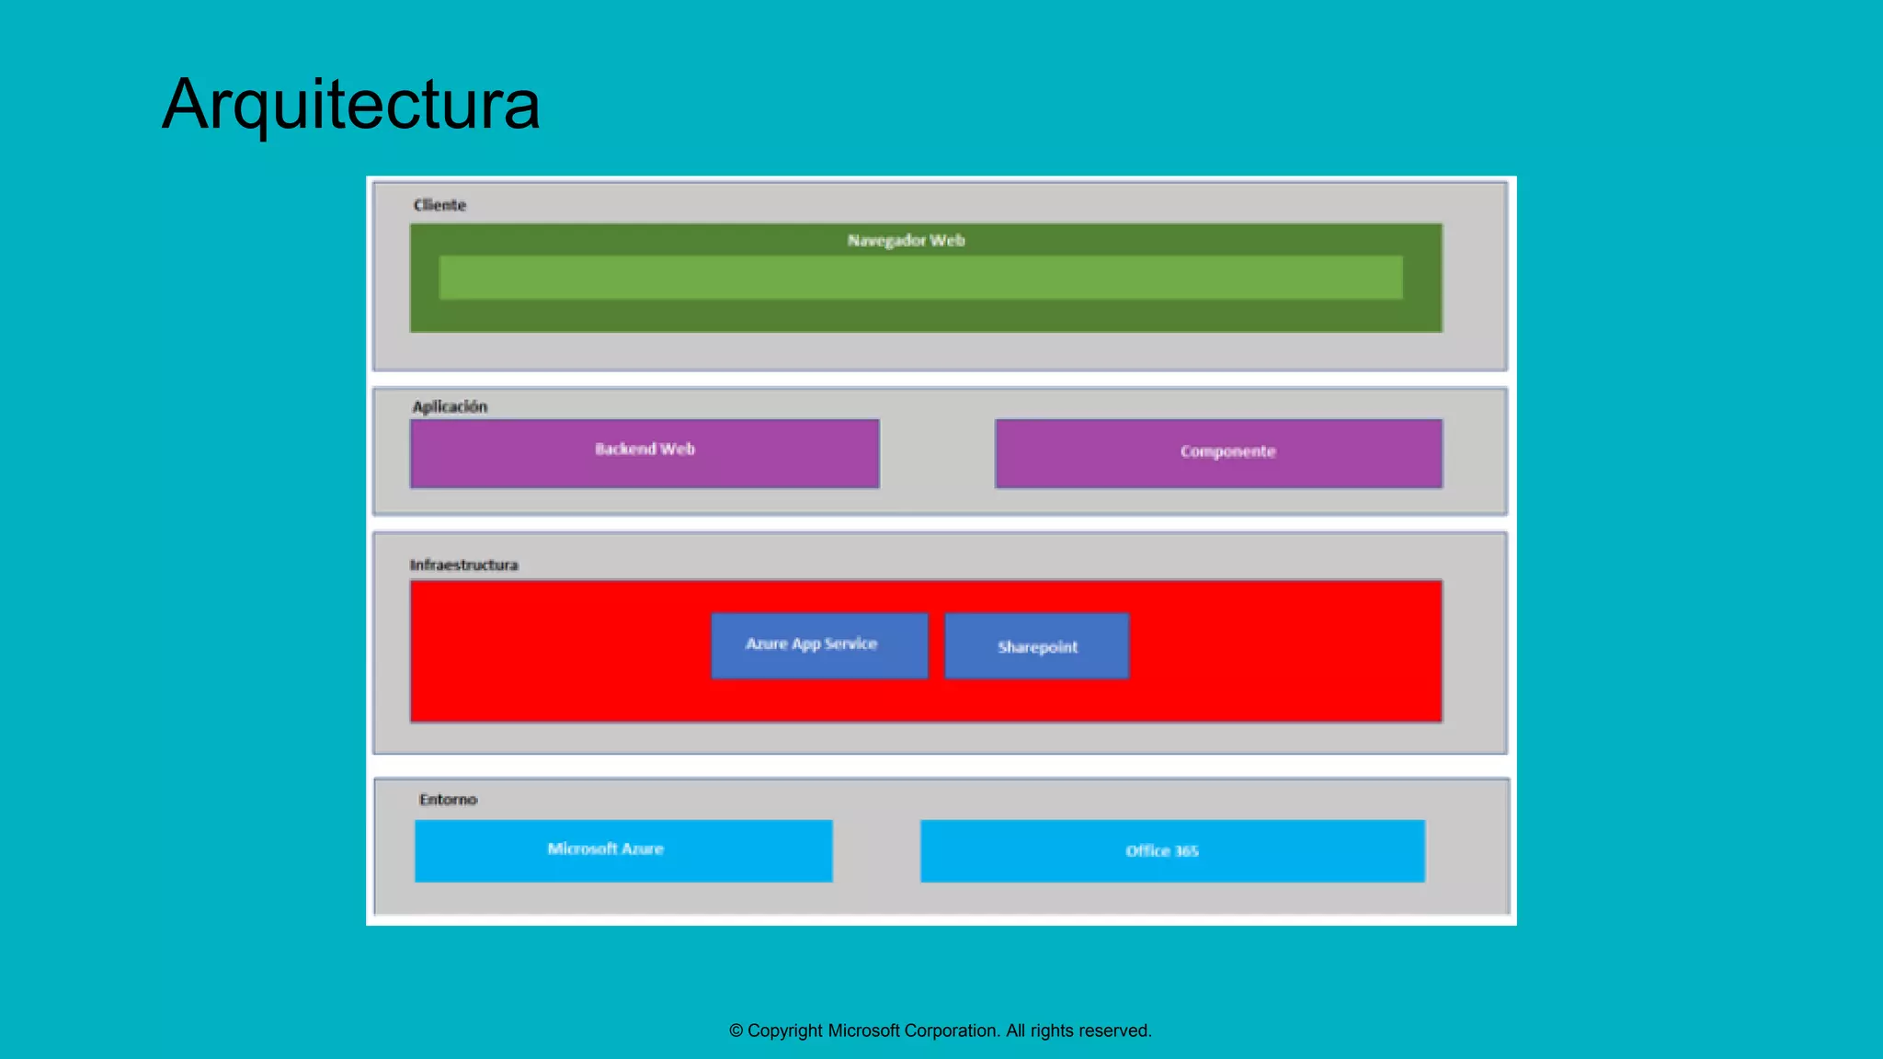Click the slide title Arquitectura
[351, 104]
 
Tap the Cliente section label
[439, 205]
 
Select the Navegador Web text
[906, 241]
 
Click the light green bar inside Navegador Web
[920, 278]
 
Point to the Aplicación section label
[450, 406]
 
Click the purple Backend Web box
[645, 454]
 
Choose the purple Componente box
[1218, 454]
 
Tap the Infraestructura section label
[463, 564]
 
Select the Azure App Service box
[818, 645]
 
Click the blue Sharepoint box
[1036, 646]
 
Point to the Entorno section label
[448, 800]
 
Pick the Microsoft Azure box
[623, 850]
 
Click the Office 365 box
[1172, 851]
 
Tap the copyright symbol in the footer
[736, 1031]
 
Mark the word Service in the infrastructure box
[850, 643]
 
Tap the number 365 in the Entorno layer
[1186, 851]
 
